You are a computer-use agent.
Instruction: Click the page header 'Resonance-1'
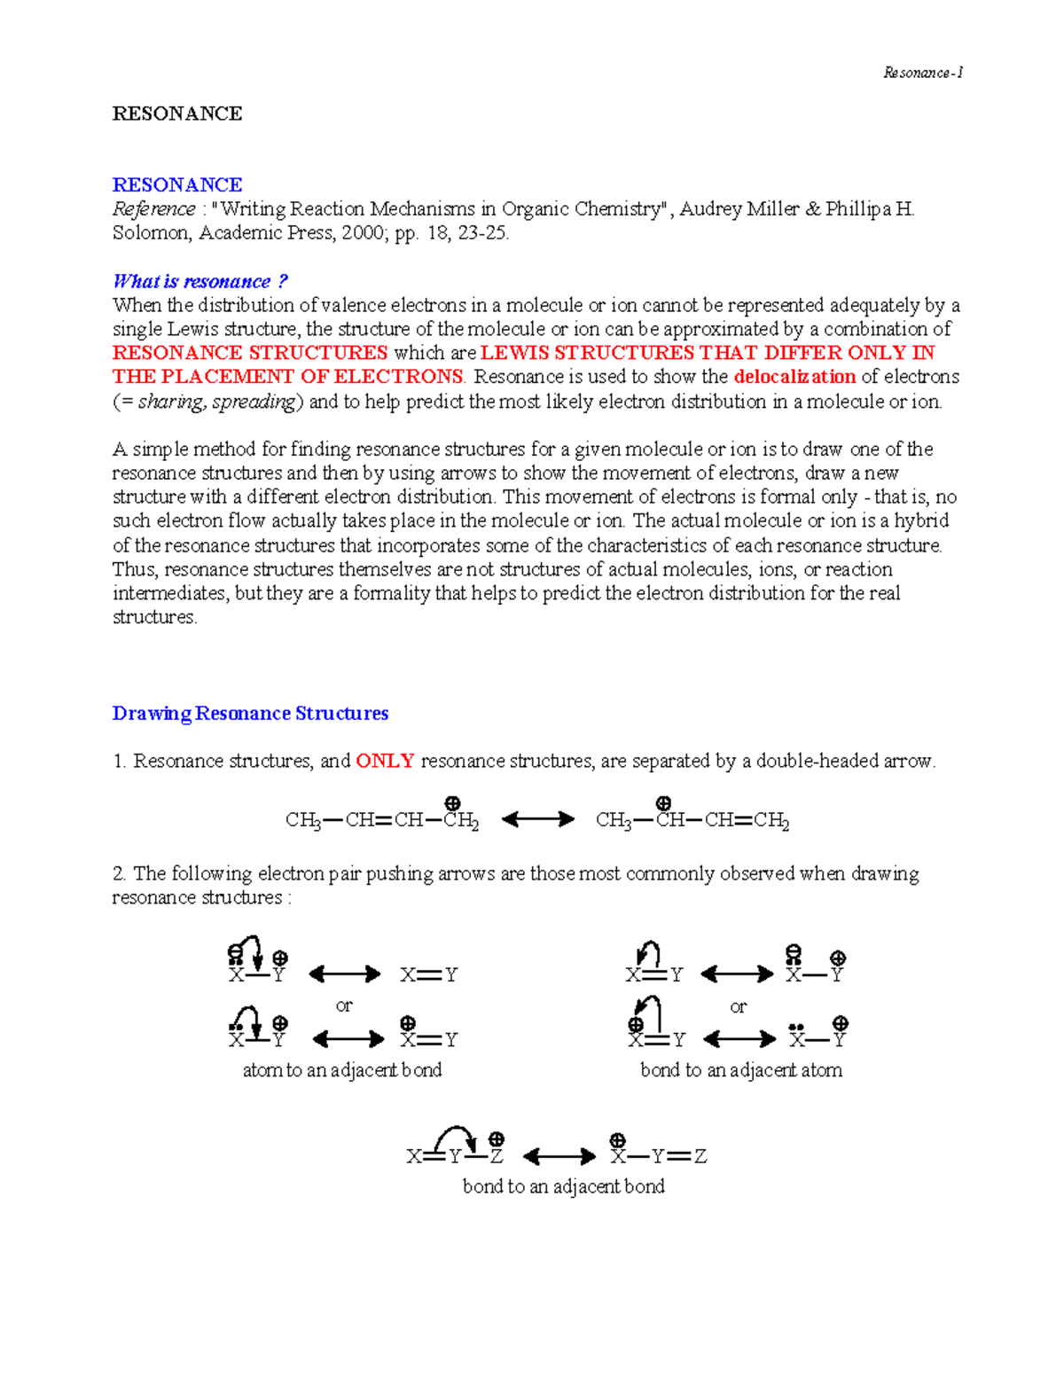(x=922, y=73)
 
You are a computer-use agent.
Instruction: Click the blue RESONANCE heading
(x=177, y=184)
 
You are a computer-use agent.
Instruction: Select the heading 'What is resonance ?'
(x=200, y=281)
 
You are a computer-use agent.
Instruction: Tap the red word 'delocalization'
(x=794, y=377)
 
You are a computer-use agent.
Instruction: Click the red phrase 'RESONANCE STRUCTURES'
(x=250, y=353)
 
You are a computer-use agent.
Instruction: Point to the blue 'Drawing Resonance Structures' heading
(x=250, y=714)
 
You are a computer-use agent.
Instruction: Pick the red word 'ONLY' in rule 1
(x=385, y=761)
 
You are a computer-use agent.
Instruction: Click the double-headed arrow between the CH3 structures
(x=537, y=820)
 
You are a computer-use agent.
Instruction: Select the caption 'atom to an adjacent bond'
(x=342, y=1070)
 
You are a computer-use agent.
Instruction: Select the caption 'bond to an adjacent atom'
(x=741, y=1070)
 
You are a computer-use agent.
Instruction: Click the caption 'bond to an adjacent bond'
(x=563, y=1186)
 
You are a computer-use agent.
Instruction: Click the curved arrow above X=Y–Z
(x=456, y=1133)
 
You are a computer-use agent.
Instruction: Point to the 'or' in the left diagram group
(x=344, y=1005)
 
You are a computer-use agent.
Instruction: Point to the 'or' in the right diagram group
(x=738, y=1006)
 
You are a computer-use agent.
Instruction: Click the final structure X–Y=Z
(x=658, y=1155)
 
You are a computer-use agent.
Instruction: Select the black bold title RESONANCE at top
(x=177, y=113)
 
